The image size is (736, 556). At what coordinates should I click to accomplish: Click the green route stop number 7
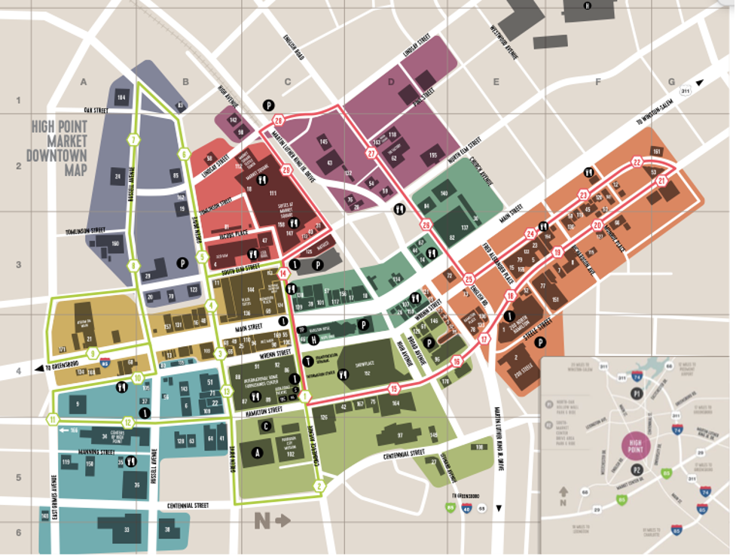133,140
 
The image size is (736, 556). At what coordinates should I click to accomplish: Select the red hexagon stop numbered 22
637,162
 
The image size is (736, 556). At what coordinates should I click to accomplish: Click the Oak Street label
97,111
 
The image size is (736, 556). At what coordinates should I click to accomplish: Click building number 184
121,96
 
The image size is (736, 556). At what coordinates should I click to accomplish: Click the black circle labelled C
266,426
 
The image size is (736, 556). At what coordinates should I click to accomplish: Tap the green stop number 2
319,487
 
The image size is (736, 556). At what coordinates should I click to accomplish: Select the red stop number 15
393,389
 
